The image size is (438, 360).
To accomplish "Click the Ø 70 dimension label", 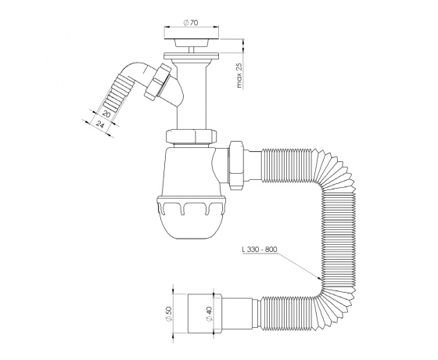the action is pos(191,23).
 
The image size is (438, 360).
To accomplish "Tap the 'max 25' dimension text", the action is pos(239,75).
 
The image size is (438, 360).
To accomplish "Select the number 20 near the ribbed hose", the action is pos(106,113).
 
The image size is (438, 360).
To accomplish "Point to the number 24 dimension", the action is pos(100,124).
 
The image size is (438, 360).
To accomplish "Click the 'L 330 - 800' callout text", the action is pos(260,250).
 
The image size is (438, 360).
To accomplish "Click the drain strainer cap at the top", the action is pos(192,40).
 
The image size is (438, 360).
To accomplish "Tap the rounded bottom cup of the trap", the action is pos(192,224).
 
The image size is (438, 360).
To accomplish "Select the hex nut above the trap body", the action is pos(192,135).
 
